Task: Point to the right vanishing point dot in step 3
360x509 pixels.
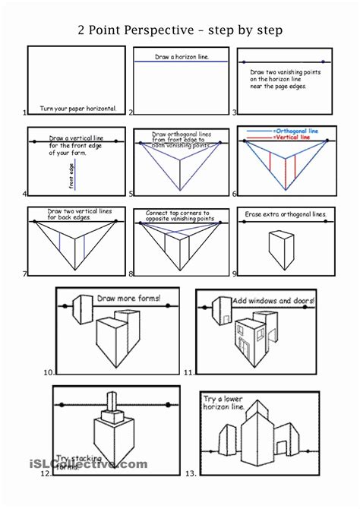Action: click(323, 61)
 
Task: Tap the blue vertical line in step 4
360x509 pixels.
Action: click(77, 176)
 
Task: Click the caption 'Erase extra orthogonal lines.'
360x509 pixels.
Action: click(286, 215)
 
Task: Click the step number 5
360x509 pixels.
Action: click(131, 193)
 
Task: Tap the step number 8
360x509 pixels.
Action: click(131, 274)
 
